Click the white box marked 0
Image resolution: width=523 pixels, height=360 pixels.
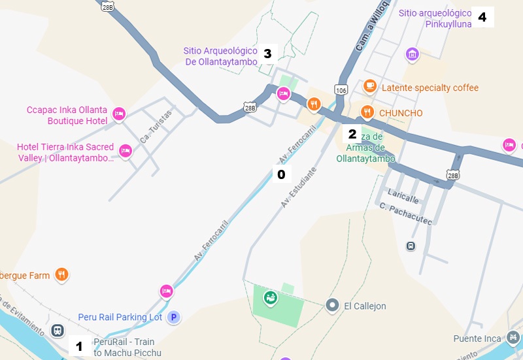[281, 174]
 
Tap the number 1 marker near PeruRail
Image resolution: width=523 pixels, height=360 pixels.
[80, 346]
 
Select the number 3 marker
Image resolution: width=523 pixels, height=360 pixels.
[267, 54]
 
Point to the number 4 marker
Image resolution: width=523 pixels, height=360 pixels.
[482, 17]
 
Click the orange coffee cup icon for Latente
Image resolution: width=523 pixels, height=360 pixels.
[370, 87]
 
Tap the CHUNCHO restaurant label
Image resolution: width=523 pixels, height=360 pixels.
[401, 113]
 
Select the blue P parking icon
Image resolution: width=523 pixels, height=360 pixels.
[173, 317]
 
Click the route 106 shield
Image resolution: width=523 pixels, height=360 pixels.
[340, 89]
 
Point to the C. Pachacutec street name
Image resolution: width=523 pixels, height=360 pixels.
[406, 214]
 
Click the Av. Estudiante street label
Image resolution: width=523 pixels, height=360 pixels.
[299, 188]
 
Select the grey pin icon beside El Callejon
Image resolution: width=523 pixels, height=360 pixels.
[332, 306]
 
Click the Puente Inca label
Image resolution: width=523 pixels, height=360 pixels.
[477, 338]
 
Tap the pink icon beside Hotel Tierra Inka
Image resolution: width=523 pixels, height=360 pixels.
[126, 152]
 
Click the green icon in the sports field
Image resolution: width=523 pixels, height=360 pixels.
[269, 299]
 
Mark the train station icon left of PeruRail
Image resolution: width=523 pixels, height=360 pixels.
[58, 331]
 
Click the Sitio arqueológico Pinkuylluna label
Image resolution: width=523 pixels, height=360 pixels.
[435, 18]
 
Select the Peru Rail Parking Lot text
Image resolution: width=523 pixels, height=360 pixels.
[120, 317]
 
